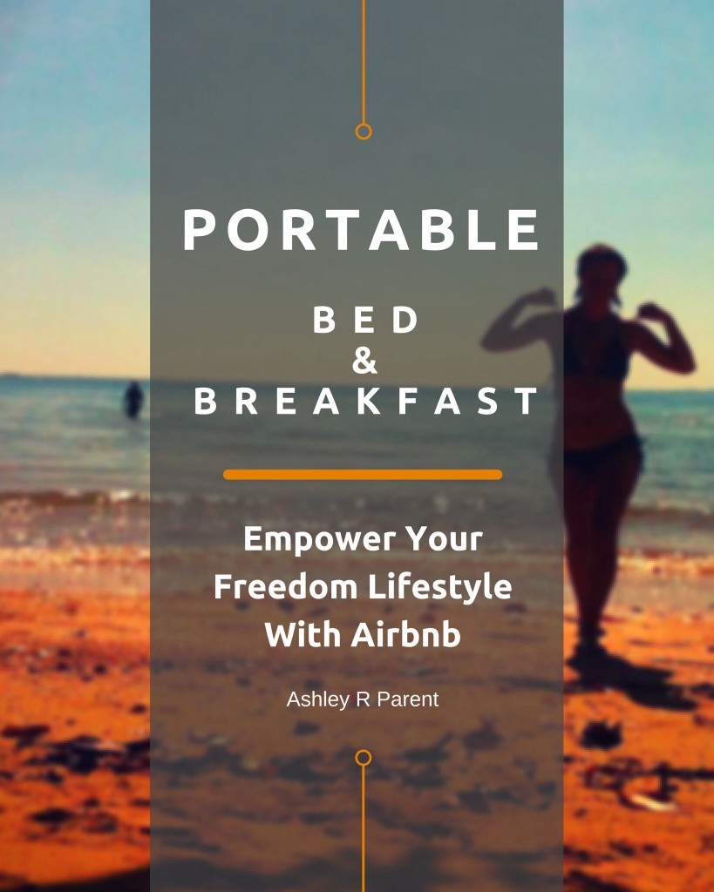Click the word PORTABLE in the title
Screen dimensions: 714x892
(361, 230)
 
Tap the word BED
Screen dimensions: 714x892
(365, 320)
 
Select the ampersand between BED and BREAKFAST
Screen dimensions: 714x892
(364, 361)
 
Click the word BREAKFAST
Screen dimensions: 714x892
(365, 401)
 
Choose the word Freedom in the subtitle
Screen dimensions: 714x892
(285, 586)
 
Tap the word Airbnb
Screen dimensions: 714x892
(405, 634)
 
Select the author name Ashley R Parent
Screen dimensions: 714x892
(362, 699)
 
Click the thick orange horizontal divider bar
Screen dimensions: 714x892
(363, 475)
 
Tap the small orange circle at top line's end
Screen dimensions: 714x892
(364, 132)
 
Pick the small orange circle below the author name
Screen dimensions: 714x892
(364, 758)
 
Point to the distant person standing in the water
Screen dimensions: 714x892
(133, 399)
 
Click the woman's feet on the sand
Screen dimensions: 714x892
(589, 652)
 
